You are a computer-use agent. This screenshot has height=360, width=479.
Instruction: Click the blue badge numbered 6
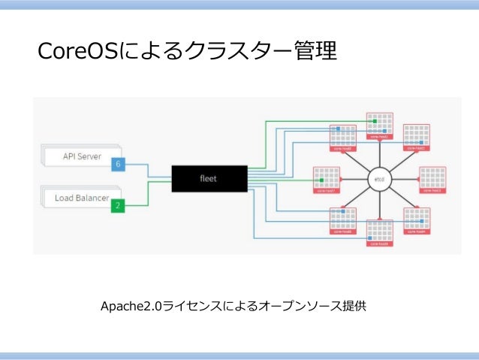117,163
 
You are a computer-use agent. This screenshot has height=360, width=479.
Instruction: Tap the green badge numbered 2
117,204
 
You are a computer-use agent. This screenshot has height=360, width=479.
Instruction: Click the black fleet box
209,178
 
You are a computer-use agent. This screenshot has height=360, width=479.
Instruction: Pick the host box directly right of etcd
433,180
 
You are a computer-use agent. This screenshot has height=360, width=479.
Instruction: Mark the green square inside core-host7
321,181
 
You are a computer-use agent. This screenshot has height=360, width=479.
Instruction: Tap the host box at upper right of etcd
417,138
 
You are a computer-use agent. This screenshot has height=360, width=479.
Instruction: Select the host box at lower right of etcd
417,220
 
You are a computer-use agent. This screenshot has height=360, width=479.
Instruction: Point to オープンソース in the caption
297,307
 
